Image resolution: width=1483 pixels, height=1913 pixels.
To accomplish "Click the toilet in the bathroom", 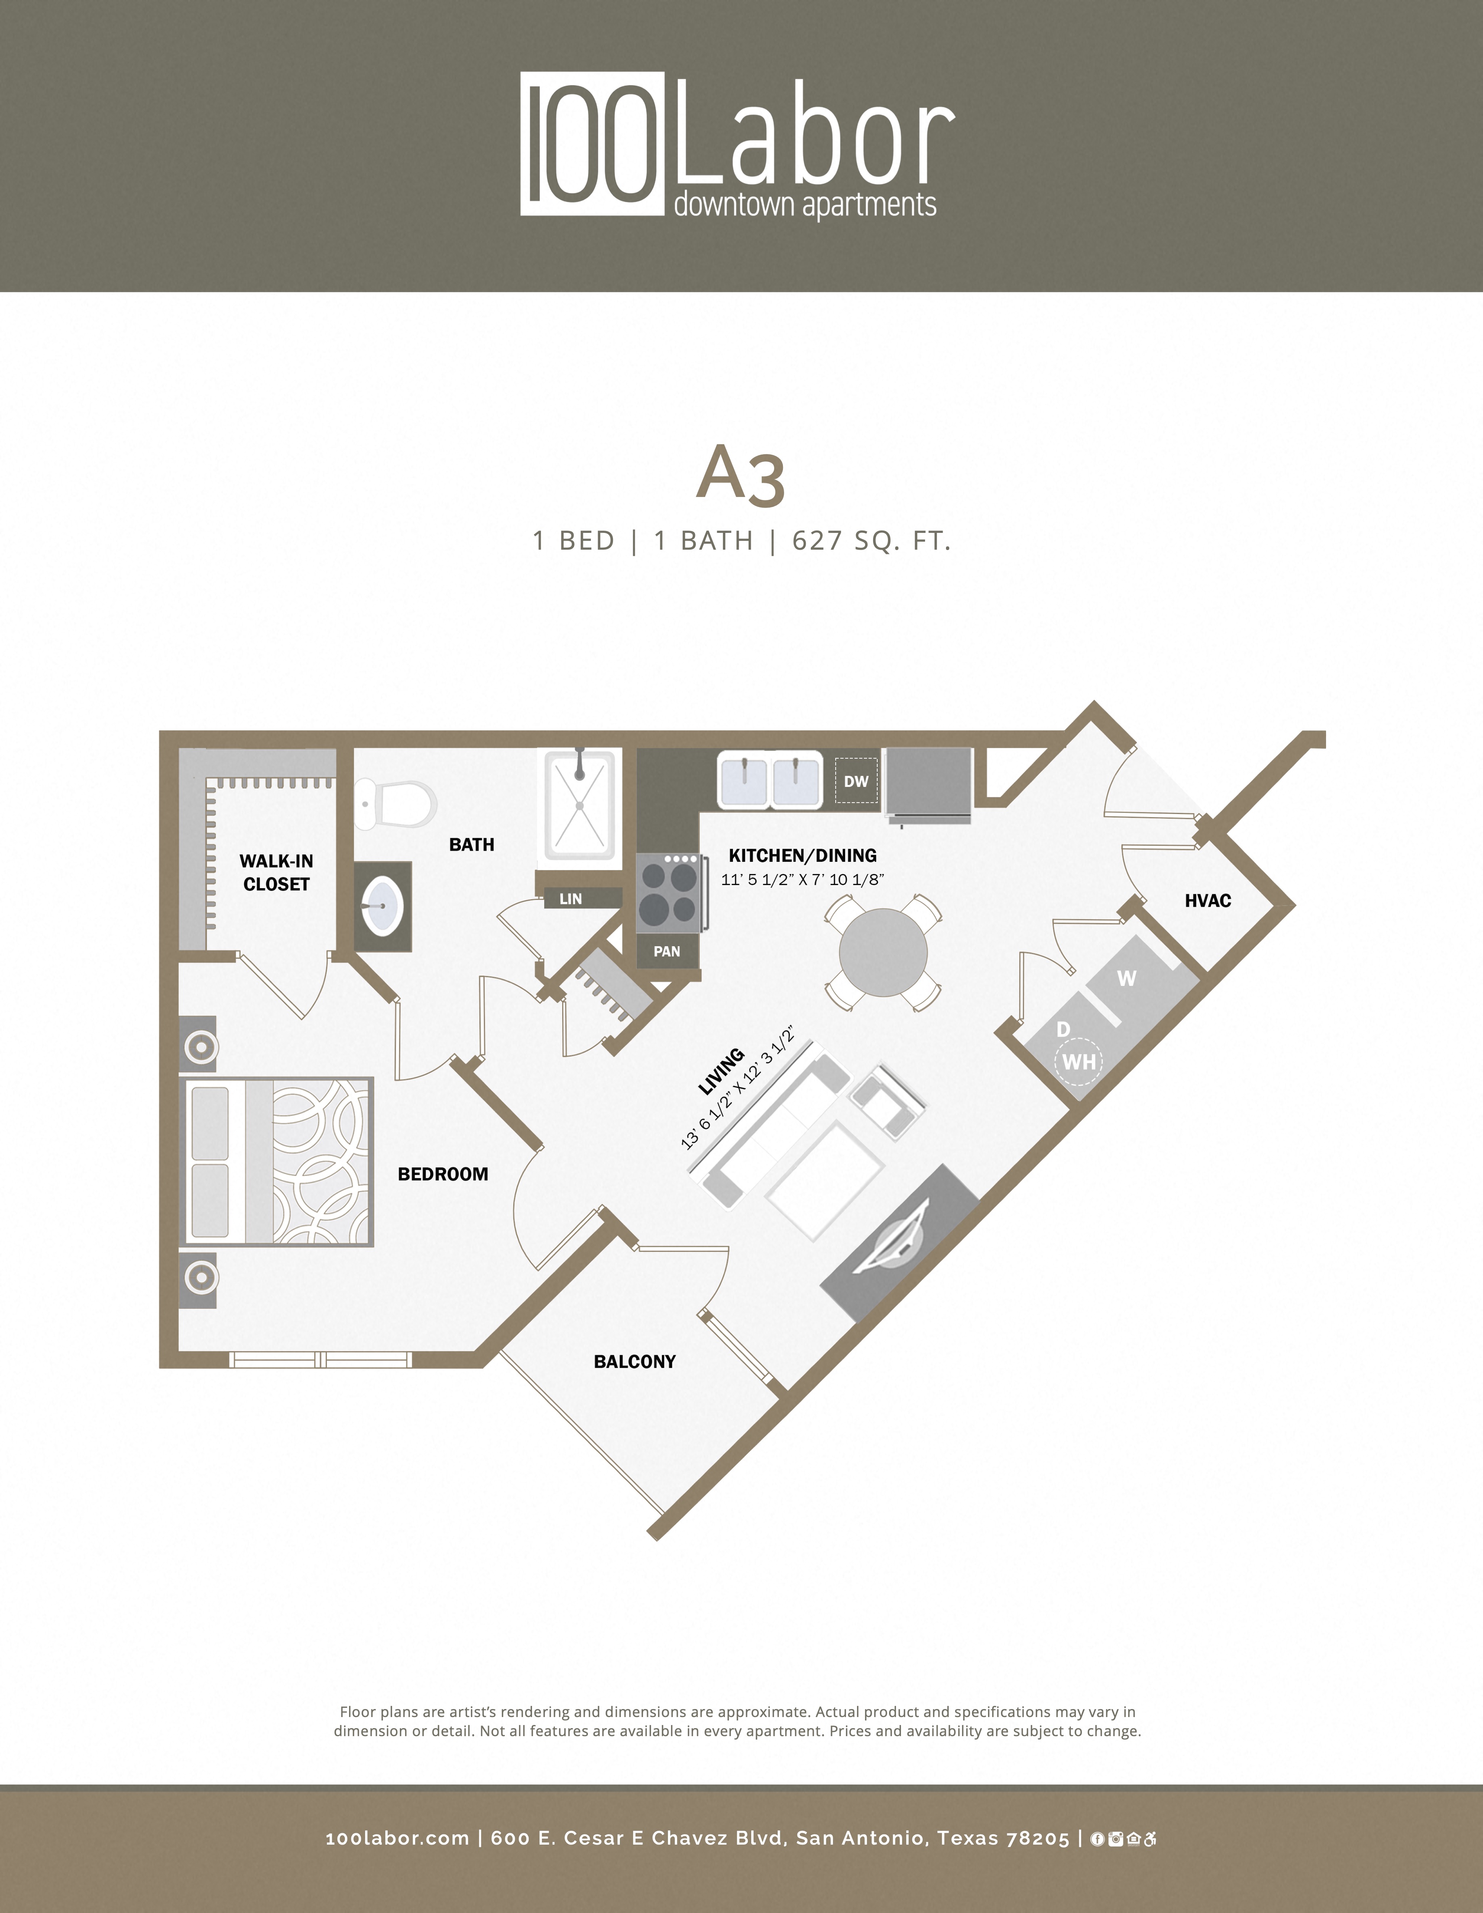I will [396, 803].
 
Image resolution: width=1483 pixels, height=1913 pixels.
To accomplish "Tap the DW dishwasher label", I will [856, 781].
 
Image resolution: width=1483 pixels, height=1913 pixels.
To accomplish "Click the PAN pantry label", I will [666, 951].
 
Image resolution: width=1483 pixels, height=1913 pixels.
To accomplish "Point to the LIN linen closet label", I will [570, 899].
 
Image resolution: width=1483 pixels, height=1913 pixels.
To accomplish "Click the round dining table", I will [883, 952].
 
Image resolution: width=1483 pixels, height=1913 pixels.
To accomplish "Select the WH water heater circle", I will [1078, 1062].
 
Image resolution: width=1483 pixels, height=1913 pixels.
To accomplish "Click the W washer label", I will [1127, 978].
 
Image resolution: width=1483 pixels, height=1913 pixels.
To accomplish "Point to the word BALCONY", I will [634, 1361].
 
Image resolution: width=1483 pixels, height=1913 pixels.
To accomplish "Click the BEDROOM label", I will [442, 1174].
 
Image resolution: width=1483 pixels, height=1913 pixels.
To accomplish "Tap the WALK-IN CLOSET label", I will [276, 872].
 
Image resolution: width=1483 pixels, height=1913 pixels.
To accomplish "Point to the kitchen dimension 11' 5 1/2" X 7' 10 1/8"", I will [802, 879].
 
